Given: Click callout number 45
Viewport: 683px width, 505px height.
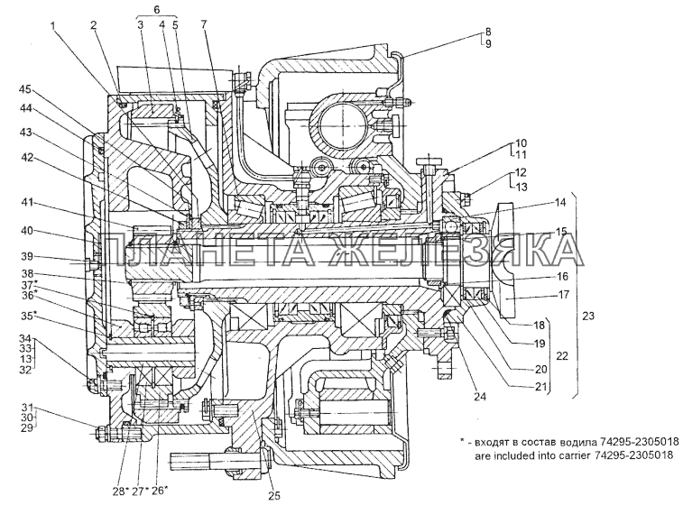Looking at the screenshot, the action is [25, 89].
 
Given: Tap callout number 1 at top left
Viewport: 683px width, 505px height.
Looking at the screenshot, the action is [52, 25].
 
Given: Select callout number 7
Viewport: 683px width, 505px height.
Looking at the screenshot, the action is [204, 24].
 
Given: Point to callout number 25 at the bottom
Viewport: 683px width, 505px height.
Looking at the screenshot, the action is [274, 495].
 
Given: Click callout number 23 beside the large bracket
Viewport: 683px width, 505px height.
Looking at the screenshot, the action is [588, 316].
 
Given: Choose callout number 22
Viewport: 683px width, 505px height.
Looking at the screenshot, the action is [562, 355].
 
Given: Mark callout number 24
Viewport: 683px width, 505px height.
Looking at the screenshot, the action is [481, 396].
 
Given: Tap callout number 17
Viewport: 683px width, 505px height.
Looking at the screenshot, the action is [564, 295].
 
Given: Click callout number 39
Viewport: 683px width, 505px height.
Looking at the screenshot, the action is [27, 256].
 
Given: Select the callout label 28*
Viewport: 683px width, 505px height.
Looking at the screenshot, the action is [120, 491].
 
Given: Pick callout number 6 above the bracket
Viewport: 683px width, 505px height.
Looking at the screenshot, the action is [157, 9].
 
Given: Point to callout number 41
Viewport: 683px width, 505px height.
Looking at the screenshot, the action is [27, 203].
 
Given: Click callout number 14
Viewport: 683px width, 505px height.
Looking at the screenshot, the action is [561, 202].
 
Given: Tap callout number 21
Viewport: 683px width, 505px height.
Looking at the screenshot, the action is [540, 387].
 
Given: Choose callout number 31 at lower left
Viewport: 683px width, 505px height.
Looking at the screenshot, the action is [27, 408].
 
